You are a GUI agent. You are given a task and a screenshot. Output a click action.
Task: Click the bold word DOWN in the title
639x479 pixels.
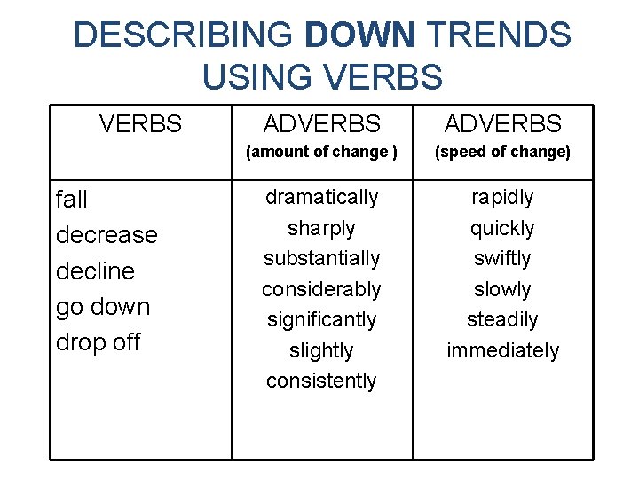coord(359,35)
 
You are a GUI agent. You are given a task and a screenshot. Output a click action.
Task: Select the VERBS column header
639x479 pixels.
coord(140,124)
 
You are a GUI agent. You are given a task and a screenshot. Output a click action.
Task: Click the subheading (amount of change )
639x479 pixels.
coord(321,152)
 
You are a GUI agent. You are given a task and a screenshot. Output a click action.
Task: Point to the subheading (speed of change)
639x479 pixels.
coord(502,152)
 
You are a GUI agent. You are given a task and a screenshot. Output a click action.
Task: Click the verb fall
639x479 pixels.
coord(72,200)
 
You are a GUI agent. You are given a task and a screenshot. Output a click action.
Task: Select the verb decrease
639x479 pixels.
coord(106,235)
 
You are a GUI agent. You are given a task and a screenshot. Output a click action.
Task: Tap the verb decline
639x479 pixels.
coord(95,271)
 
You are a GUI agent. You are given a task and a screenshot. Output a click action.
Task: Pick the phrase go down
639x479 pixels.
coord(103,307)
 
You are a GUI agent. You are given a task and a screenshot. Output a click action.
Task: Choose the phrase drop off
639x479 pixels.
coord(98,342)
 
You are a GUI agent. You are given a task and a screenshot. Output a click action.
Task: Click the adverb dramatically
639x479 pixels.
coord(321,197)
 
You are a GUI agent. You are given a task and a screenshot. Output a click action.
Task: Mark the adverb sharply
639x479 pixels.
coord(321,228)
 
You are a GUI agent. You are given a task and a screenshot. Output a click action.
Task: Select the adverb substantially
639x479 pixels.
coord(321,258)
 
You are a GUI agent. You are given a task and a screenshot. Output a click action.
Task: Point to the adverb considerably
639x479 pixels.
coord(321,289)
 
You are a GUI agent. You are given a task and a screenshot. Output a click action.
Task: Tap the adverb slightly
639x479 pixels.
coord(321,350)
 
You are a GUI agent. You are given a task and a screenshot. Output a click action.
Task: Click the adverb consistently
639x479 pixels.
coord(321,381)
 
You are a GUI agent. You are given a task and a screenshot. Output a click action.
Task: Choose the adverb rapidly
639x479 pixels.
coord(502,197)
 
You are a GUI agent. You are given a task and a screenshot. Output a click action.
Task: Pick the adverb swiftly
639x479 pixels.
coord(502,258)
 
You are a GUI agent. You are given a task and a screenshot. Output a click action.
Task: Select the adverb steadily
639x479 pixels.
coord(502,319)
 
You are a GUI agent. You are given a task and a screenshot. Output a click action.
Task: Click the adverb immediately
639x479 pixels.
coord(502,350)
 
